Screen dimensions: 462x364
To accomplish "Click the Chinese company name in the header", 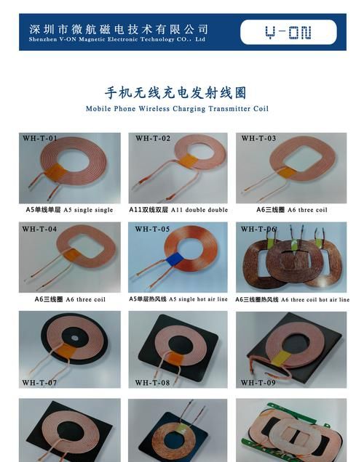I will (x=119, y=29).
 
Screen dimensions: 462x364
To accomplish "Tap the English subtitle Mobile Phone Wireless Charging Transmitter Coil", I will (x=177, y=109).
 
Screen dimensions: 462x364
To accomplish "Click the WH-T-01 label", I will (x=40, y=138).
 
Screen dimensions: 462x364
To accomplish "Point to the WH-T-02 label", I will (x=152, y=138).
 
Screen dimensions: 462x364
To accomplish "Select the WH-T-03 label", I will (x=258, y=138).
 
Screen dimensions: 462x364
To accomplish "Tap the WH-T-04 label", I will (x=39, y=229).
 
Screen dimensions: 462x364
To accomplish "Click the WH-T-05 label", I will (x=152, y=229).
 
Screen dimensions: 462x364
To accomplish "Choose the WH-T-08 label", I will (x=152, y=382).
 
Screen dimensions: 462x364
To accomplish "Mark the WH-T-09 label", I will (x=258, y=382).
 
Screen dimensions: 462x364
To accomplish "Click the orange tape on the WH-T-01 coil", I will (x=58, y=173).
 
